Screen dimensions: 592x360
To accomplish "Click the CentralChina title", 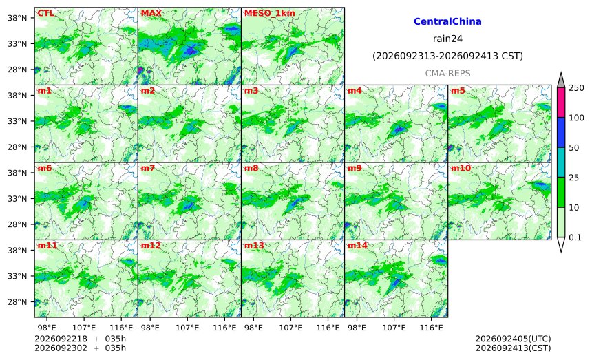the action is pyautogui.click(x=447, y=21).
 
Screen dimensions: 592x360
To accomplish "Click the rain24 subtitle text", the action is pyautogui.click(x=447, y=39).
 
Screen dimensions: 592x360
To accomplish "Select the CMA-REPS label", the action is pyautogui.click(x=447, y=73).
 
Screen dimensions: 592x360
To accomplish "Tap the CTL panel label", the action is pyautogui.click(x=45, y=13).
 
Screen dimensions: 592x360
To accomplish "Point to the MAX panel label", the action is pyautogui.click(x=151, y=13).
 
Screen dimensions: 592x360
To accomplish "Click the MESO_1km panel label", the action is pyautogui.click(x=270, y=13).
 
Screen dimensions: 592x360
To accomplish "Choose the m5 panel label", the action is pyautogui.click(x=458, y=91).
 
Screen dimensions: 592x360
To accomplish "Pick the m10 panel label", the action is pyautogui.click(x=461, y=169).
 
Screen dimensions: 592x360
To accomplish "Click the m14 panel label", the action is pyautogui.click(x=357, y=246).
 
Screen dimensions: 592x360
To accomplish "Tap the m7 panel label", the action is pyautogui.click(x=148, y=169).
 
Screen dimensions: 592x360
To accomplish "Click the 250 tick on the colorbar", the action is pyautogui.click(x=577, y=88).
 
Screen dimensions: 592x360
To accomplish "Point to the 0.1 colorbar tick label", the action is pyautogui.click(x=575, y=237).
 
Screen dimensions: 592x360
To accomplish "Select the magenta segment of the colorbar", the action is pyautogui.click(x=561, y=103).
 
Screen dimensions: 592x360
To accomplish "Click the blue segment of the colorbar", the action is pyautogui.click(x=561, y=132).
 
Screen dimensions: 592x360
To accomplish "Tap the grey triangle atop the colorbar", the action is pyautogui.click(x=561, y=80).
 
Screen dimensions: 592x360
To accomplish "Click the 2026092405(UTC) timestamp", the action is pyautogui.click(x=513, y=339).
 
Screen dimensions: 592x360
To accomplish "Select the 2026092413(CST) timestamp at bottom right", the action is pyautogui.click(x=513, y=348).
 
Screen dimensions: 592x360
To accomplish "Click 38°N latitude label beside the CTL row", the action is pyautogui.click(x=17, y=18).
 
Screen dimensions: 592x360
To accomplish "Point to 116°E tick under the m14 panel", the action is pyautogui.click(x=431, y=328).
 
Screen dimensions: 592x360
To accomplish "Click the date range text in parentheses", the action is pyautogui.click(x=447, y=56).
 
